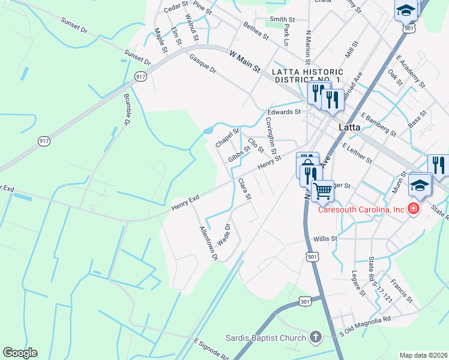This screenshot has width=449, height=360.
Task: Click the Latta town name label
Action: point(352,128)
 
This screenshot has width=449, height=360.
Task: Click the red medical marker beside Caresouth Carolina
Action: point(413,209)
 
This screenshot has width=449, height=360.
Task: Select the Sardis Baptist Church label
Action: point(266,338)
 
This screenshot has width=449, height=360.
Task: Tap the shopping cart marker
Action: point(323,191)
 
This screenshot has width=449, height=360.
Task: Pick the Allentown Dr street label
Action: point(208,244)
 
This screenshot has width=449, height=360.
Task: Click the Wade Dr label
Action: point(224,234)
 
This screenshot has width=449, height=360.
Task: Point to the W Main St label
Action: point(245,61)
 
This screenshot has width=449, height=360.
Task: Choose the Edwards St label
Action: point(284,112)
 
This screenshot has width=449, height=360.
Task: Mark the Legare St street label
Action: point(358,284)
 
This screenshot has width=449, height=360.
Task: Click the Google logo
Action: point(20,353)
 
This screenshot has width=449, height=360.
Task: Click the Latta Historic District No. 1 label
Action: point(306,76)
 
